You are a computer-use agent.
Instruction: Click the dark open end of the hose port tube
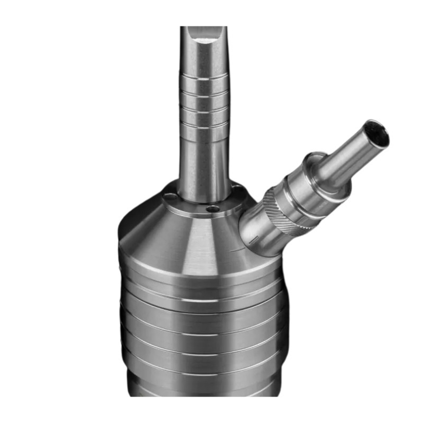point(378,133)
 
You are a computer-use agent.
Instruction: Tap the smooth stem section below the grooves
point(204,159)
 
